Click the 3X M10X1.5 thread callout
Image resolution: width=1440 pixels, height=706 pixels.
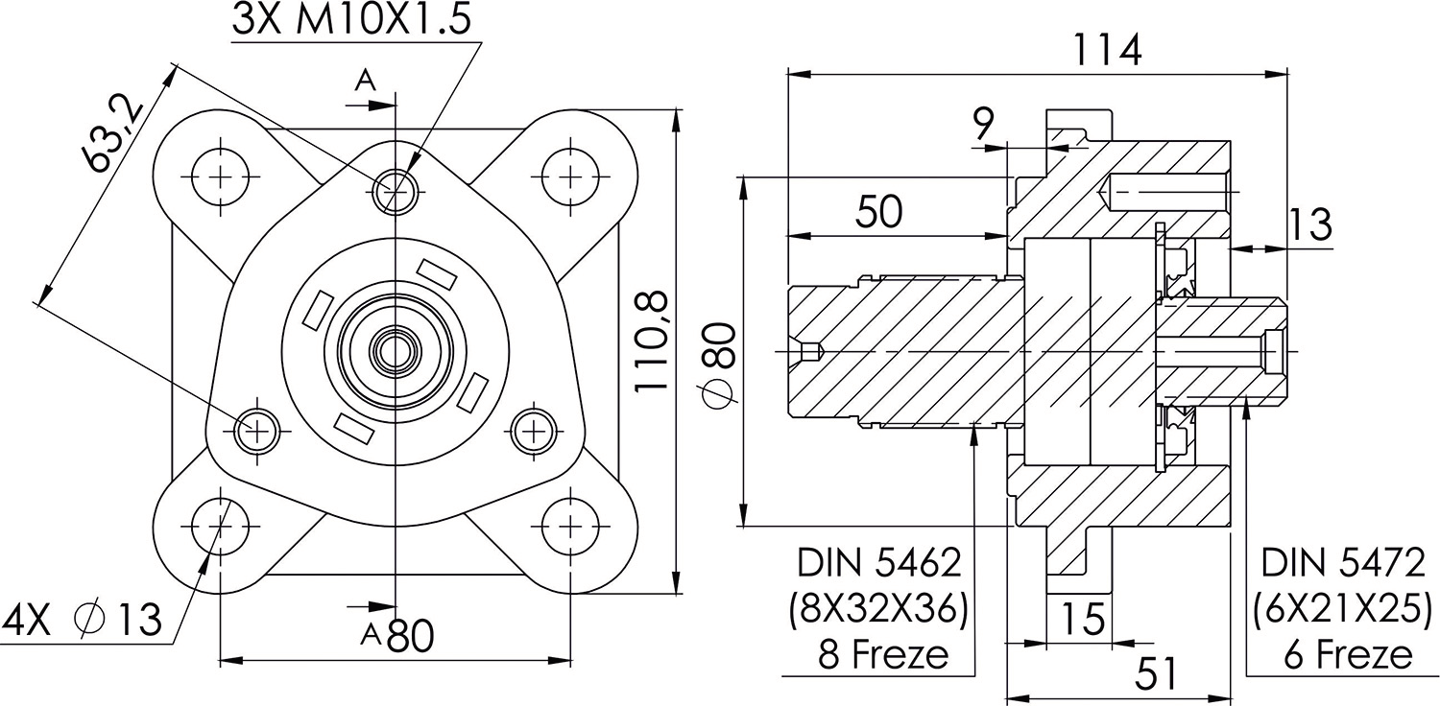click(352, 21)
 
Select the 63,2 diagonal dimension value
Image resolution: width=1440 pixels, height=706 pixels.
click(112, 132)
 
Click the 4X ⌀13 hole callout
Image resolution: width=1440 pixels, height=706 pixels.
click(83, 621)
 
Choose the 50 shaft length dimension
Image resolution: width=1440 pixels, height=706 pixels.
click(878, 213)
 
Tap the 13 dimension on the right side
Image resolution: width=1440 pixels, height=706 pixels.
click(1309, 224)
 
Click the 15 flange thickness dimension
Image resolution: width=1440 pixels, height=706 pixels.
click(1083, 620)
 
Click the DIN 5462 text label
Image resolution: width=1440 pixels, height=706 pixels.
click(878, 563)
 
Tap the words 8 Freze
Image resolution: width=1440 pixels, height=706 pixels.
click(882, 655)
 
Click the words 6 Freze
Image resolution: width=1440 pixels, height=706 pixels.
click(1348, 655)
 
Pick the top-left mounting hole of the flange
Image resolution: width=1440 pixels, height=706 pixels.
click(220, 176)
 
